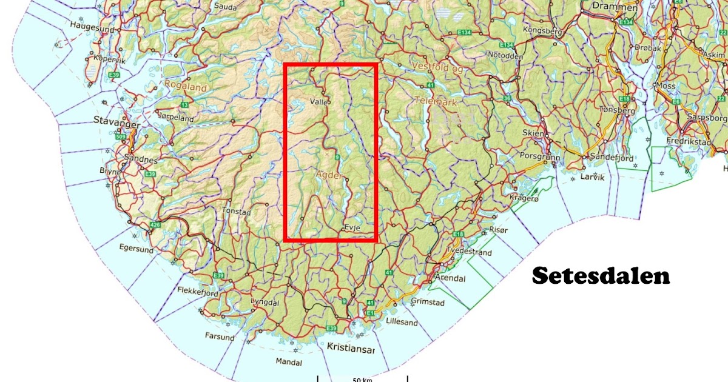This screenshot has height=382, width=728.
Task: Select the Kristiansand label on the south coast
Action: click(x=350, y=348)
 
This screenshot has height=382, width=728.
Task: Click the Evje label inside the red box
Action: click(x=352, y=227)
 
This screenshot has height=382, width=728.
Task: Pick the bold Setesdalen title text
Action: click(x=601, y=276)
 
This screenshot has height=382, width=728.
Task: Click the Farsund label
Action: click(x=219, y=337)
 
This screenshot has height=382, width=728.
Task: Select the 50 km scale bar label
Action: click(x=362, y=380)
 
